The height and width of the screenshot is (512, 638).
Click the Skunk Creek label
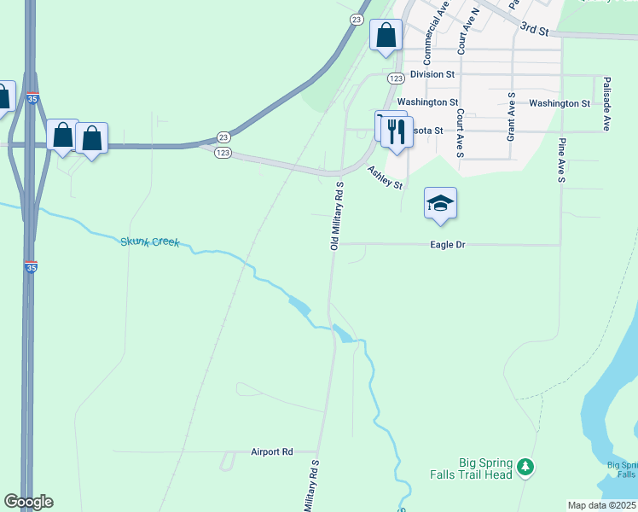pyautogui.click(x=149, y=242)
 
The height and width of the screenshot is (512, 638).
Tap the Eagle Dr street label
pyautogui.click(x=448, y=245)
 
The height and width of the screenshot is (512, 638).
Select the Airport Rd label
pyautogui.click(x=272, y=451)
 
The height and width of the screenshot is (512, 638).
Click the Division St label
pyautogui.click(x=432, y=74)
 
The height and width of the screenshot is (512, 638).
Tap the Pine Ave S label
pyautogui.click(x=562, y=160)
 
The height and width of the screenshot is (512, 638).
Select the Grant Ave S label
pyautogui.click(x=510, y=117)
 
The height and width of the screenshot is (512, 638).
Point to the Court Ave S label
pyautogui.click(x=459, y=132)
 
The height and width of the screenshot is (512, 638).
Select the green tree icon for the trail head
pyautogui.click(x=527, y=467)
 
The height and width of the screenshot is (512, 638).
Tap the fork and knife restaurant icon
pyautogui.click(x=396, y=132)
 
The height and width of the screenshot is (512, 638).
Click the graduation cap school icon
pyautogui.click(x=440, y=204)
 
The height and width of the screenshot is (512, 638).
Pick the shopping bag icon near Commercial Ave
pyautogui.click(x=386, y=36)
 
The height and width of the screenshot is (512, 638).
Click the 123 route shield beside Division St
pyautogui.click(x=395, y=78)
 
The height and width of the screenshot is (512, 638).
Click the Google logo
pyautogui.click(x=28, y=502)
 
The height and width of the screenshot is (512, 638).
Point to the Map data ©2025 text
pyautogui.click(x=601, y=505)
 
